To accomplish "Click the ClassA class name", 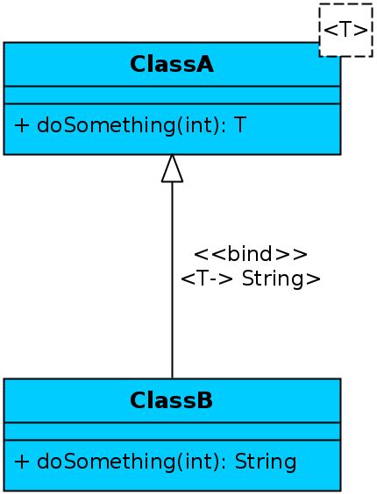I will [x=172, y=64].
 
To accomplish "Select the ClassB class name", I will [x=172, y=401].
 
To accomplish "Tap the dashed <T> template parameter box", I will [x=346, y=30].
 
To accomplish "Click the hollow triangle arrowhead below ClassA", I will [x=172, y=168].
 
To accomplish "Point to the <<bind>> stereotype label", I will [x=251, y=254].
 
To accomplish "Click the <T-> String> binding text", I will [x=251, y=279].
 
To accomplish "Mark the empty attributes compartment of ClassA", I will [x=172, y=95].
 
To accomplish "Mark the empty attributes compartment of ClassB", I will [x=172, y=431].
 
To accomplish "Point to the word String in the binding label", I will [x=276, y=279].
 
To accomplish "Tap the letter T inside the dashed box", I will [x=346, y=30].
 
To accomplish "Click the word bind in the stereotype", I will [x=251, y=254].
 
